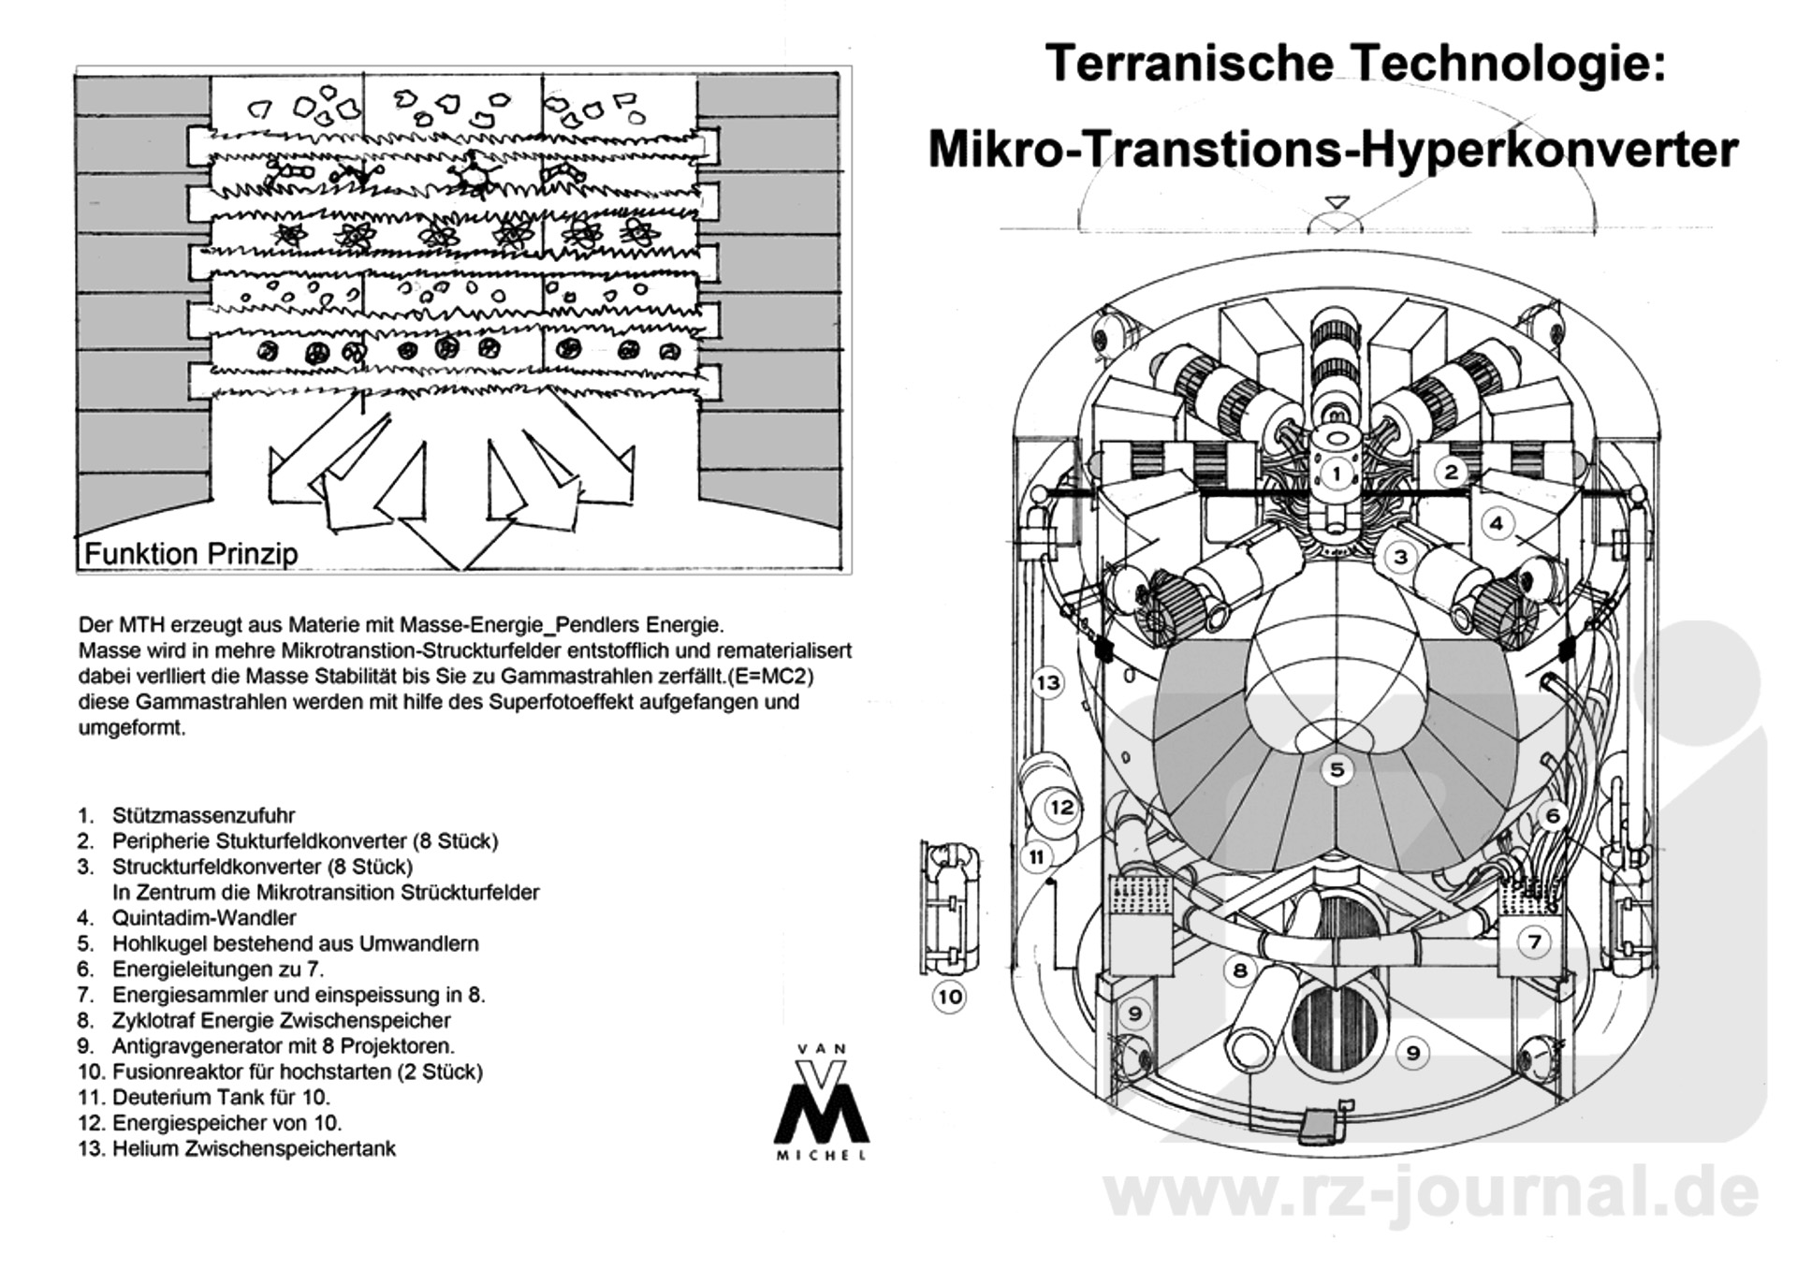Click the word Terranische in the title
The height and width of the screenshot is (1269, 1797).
[x=1189, y=64]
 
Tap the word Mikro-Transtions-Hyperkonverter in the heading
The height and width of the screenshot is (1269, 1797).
[x=1333, y=150]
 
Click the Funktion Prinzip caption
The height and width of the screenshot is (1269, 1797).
[x=191, y=553]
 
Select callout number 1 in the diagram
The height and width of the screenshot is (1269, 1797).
[x=1337, y=474]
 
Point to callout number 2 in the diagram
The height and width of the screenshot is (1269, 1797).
[x=1451, y=471]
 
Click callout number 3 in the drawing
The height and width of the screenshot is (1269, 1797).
[x=1400, y=558]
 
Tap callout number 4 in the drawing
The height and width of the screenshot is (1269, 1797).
[x=1497, y=523]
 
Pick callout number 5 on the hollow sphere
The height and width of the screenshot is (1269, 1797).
[x=1337, y=769]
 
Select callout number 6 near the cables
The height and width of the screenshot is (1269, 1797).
[x=1552, y=816]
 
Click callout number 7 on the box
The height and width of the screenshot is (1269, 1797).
[x=1534, y=941]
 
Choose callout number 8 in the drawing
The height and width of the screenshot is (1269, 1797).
[x=1240, y=970]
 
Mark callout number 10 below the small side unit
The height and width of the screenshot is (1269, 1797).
[x=950, y=997]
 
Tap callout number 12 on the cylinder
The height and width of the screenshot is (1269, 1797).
[x=1061, y=807]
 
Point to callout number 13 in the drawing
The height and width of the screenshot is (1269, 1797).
[x=1047, y=682]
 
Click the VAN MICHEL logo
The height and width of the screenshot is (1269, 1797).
[x=821, y=1104]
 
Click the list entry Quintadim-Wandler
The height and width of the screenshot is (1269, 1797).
[x=204, y=918]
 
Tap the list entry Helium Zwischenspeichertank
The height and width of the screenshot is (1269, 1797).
[x=254, y=1148]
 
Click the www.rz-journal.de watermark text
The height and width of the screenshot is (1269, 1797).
[x=1431, y=1194]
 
